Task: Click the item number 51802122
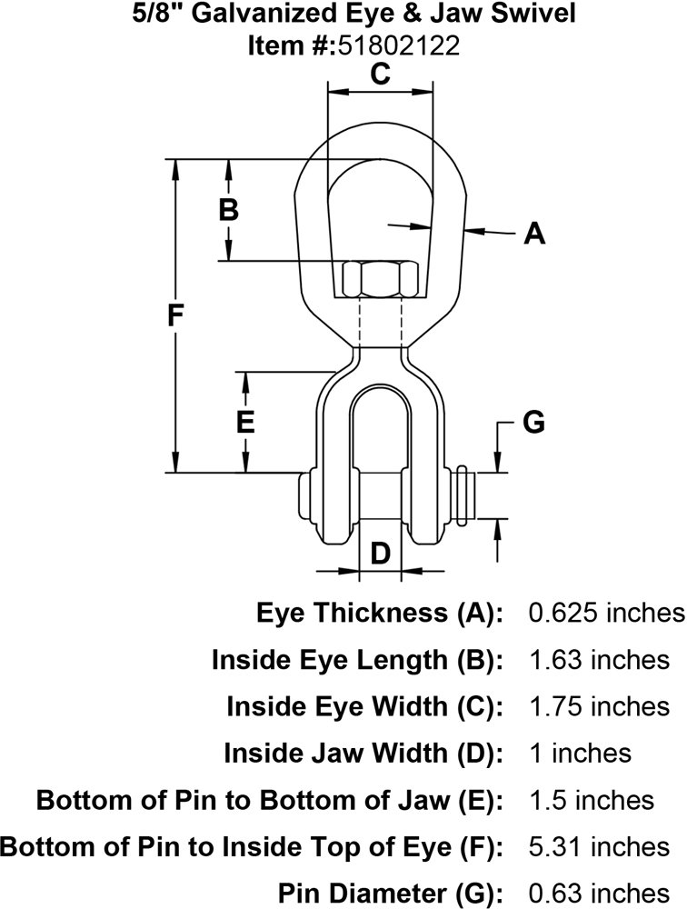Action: [399, 45]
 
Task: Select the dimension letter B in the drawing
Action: [229, 211]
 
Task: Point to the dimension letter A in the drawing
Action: [535, 235]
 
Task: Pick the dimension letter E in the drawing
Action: [244, 423]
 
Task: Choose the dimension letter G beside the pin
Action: [534, 423]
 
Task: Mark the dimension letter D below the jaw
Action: [381, 552]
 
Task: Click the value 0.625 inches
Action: [606, 613]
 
